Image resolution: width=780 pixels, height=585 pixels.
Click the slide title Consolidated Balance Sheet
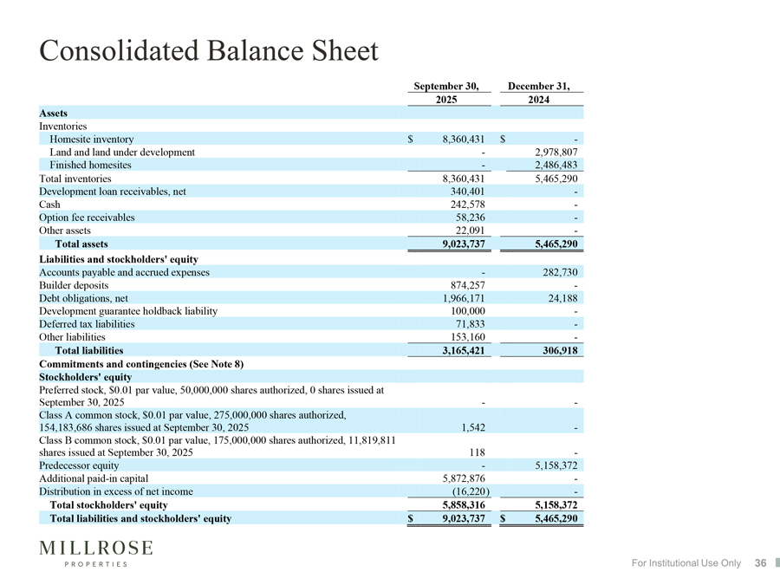209,51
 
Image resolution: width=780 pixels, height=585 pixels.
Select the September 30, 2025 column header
446,93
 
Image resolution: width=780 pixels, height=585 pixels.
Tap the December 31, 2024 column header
538,93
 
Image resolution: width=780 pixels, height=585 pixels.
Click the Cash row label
51,205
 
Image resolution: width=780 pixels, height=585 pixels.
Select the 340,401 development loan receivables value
467,192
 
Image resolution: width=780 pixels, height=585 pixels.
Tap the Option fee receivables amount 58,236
470,218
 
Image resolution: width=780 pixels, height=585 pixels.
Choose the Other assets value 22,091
470,231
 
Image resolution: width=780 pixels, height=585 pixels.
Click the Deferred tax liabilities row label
87,324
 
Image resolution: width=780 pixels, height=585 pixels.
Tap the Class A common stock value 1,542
473,427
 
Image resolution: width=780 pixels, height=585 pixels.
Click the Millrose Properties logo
96,553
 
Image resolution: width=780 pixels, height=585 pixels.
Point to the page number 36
760,563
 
